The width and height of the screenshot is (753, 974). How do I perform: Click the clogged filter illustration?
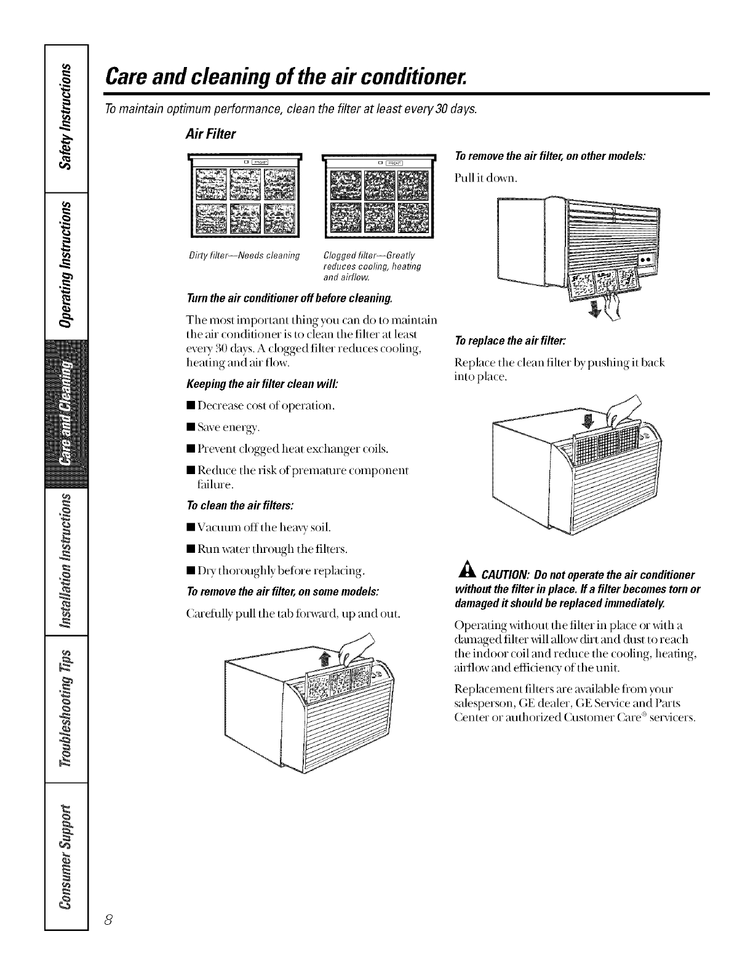tap(378, 196)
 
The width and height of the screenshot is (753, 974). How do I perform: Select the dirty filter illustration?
tap(245, 196)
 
